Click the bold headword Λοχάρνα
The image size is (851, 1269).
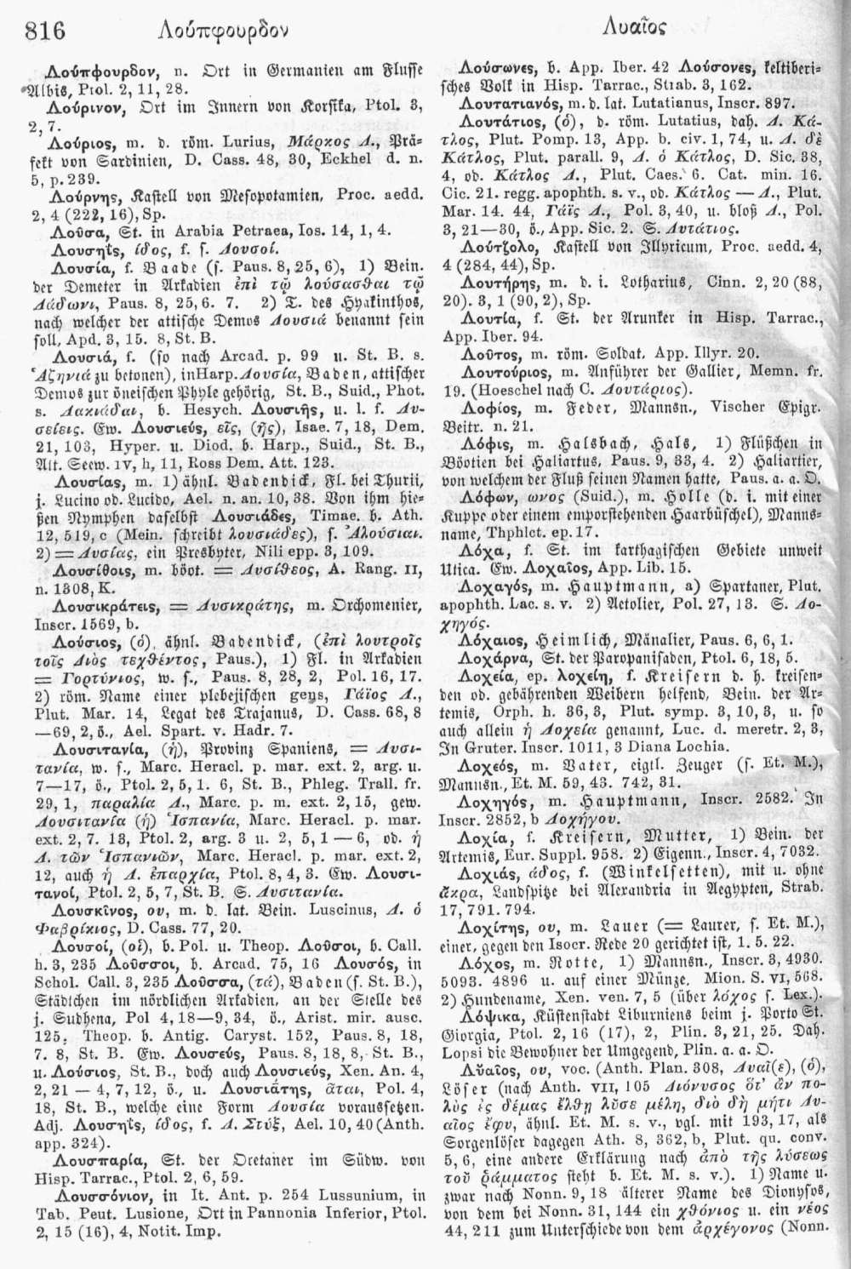487,620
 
